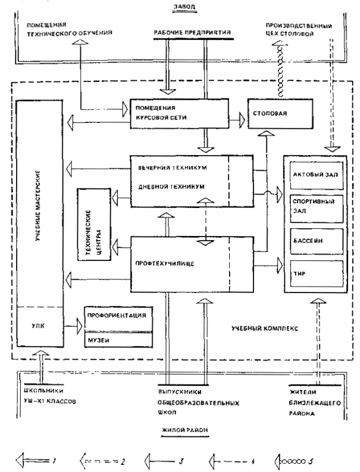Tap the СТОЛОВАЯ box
pyautogui.click(x=274, y=112)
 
